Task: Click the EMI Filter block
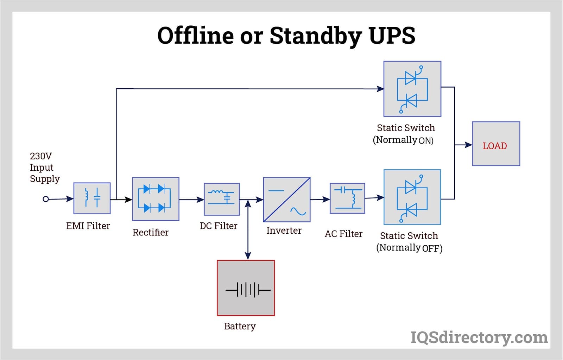point(92,198)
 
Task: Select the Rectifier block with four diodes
point(156,199)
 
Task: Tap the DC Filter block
point(222,200)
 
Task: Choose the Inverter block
point(287,200)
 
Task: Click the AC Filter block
point(347,198)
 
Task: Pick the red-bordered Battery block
point(246,288)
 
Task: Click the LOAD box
point(496,144)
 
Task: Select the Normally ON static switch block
point(412,89)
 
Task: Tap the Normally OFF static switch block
point(412,197)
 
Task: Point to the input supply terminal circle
point(46,199)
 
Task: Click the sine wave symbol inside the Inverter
point(298,211)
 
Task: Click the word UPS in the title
point(392,35)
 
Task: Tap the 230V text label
point(41,156)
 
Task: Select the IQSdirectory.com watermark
point(479,337)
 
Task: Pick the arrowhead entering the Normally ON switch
point(380,89)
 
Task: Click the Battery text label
point(240,326)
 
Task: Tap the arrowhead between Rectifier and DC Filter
point(200,200)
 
